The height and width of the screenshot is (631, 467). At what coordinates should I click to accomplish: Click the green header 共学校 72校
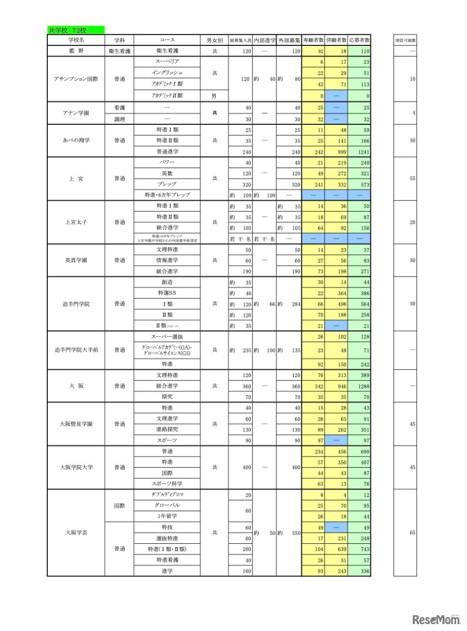76,31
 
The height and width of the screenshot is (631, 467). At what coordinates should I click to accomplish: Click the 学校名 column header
76,39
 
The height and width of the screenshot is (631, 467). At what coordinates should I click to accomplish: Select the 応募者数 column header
359,39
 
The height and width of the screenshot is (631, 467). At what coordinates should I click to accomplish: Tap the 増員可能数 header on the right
405,39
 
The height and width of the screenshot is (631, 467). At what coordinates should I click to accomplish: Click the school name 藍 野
76,51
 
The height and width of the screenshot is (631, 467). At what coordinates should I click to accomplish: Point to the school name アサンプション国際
76,79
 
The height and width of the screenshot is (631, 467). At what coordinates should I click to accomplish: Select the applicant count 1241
360,152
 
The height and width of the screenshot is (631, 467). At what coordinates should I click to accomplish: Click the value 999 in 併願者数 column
336,152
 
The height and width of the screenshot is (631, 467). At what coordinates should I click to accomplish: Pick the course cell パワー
167,162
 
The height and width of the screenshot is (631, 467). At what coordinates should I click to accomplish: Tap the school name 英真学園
76,260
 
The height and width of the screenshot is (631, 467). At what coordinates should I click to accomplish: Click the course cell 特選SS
167,293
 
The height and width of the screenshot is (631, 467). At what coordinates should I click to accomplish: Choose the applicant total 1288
360,386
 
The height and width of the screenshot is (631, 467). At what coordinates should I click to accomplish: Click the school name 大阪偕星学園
76,424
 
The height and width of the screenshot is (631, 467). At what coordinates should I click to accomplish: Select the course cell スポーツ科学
167,484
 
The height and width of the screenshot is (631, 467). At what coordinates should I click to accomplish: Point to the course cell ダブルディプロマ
167,494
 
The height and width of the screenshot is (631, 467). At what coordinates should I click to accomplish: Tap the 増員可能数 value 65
412,533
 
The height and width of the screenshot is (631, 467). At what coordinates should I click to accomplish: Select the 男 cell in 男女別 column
214,96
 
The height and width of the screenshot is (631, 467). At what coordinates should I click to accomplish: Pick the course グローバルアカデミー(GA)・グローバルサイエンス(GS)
167,351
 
